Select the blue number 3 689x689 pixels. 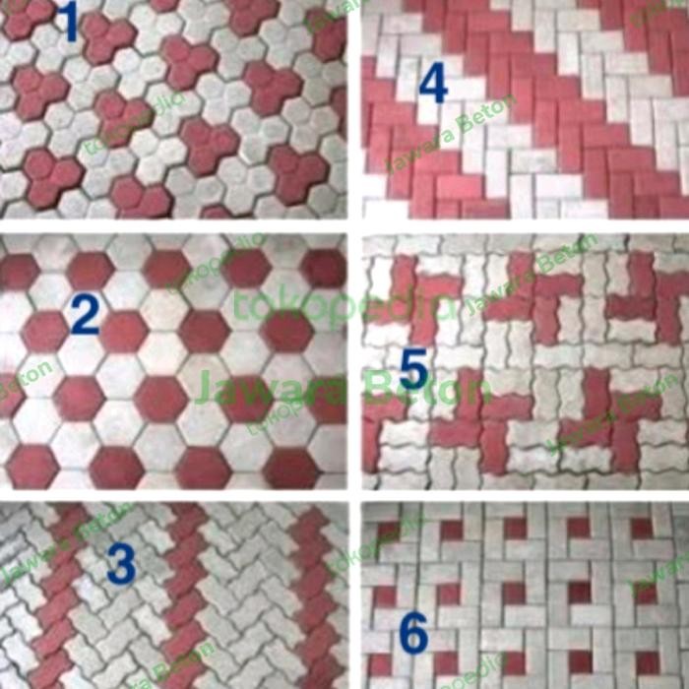point(120,565)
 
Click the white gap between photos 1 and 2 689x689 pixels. point(173,225)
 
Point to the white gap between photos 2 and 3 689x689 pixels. point(173,495)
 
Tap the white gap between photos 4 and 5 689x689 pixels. point(523,225)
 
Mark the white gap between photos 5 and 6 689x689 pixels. point(523,495)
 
